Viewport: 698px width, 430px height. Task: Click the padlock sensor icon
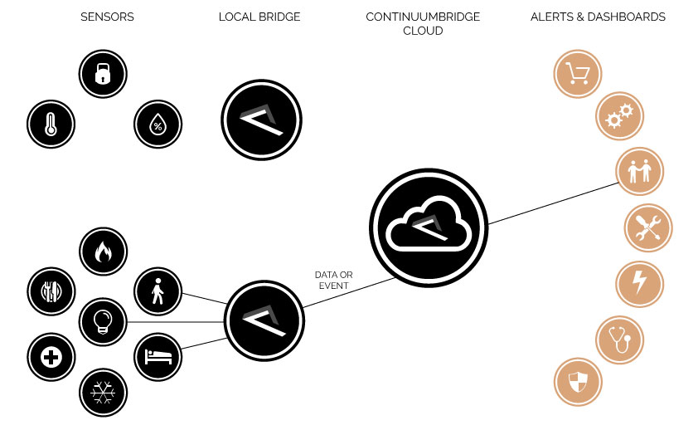(x=103, y=76)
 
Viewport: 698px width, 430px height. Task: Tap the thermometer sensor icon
(x=51, y=125)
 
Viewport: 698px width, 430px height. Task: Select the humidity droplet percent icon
(x=158, y=125)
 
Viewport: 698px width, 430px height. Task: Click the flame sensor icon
(x=103, y=252)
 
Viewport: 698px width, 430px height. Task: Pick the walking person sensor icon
(x=158, y=291)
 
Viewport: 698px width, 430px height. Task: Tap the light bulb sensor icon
(x=103, y=321)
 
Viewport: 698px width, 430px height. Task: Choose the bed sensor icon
(x=158, y=356)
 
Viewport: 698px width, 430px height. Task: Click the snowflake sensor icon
(x=103, y=391)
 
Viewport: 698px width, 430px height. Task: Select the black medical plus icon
(x=51, y=357)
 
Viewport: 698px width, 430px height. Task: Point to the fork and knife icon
(x=51, y=291)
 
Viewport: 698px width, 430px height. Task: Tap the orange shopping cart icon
(x=577, y=72)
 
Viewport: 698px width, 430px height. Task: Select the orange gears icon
(x=619, y=116)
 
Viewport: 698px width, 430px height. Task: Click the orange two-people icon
(x=640, y=172)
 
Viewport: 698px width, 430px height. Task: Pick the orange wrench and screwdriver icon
(x=647, y=228)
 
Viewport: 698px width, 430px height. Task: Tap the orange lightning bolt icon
(x=640, y=283)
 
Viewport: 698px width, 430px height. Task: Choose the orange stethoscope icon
(x=619, y=340)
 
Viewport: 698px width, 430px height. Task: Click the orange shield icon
(x=577, y=383)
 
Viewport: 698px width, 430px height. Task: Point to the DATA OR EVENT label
(x=332, y=280)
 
